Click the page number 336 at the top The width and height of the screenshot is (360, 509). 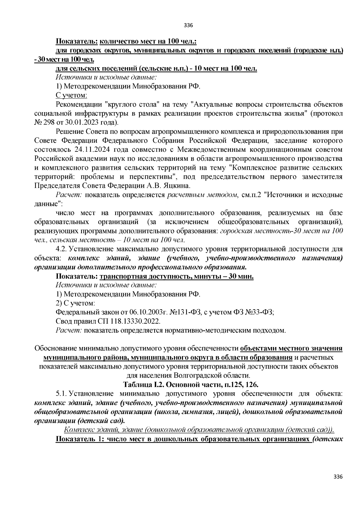pos(188,25)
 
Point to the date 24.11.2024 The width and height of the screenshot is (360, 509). pos(91,149)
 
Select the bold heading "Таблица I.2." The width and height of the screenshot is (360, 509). pos(143,385)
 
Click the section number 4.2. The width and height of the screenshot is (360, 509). pos(62,249)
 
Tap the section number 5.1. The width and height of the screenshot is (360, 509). pos(62,394)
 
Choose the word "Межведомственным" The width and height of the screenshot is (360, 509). pos(216,149)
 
